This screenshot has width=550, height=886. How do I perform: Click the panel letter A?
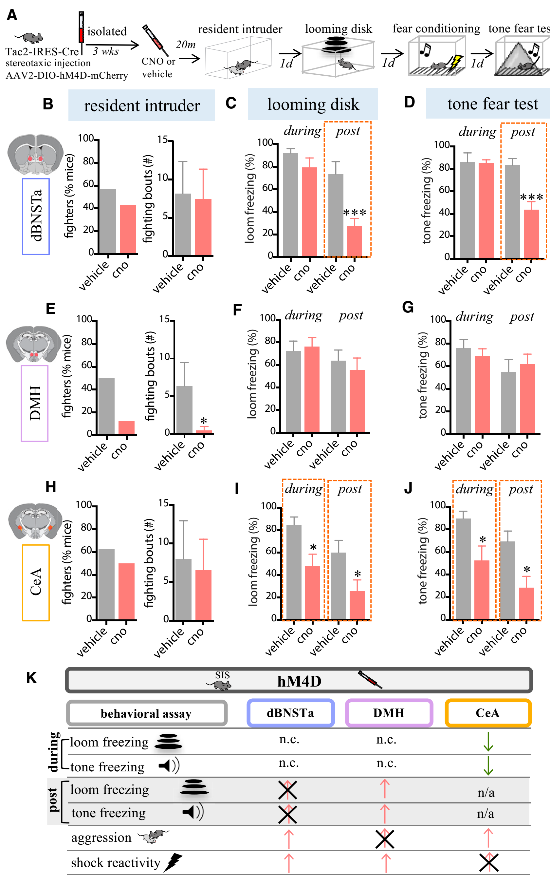[x=12, y=15]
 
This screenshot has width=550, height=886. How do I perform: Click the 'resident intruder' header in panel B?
[x=142, y=105]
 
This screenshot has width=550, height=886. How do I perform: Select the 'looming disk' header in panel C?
[x=313, y=104]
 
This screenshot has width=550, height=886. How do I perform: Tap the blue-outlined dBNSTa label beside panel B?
[x=36, y=216]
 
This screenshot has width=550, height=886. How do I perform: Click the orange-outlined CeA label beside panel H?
[x=36, y=582]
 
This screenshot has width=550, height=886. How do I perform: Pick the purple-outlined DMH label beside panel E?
[x=35, y=403]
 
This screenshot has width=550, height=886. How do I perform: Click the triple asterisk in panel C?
[x=355, y=213]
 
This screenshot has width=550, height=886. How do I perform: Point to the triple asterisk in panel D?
[x=531, y=198]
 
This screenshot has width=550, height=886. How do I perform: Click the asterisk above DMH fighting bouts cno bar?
[x=204, y=421]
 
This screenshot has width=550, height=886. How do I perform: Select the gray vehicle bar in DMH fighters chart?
[x=107, y=406]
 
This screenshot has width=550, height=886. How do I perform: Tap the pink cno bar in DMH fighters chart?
[x=127, y=427]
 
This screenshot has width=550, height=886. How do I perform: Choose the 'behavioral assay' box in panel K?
[x=146, y=713]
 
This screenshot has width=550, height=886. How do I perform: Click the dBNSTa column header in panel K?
[x=290, y=712]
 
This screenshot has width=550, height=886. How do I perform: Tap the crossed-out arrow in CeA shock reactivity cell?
[x=488, y=862]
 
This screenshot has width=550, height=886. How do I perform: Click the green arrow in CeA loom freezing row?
[x=488, y=742]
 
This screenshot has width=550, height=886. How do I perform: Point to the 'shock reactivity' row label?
[x=116, y=862]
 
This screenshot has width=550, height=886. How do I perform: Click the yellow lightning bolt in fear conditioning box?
[x=456, y=62]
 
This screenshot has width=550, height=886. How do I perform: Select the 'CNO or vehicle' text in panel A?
[x=158, y=68]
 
